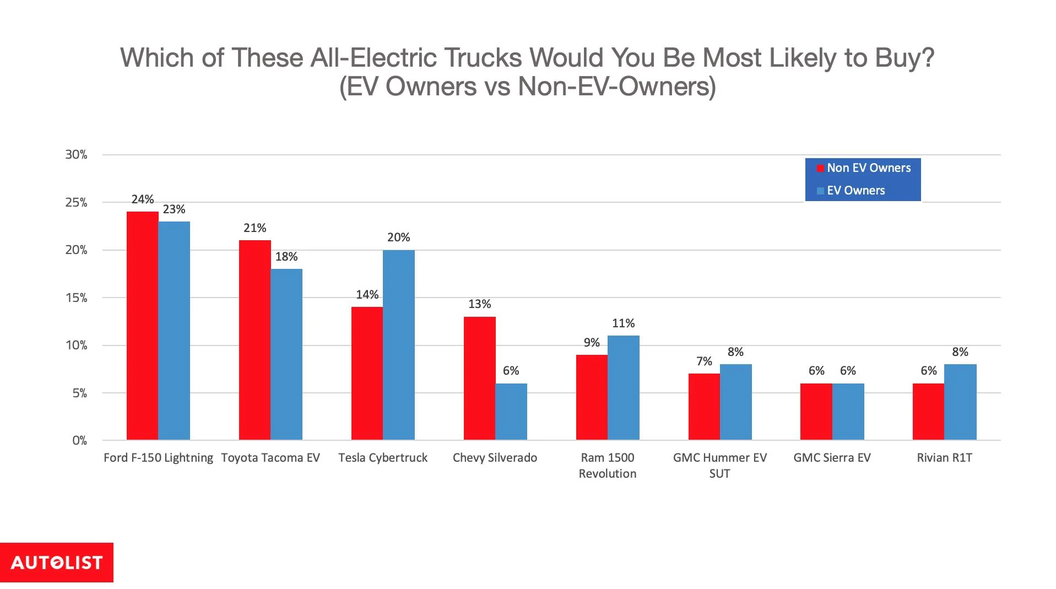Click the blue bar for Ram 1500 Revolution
point(623,387)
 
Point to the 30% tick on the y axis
point(76,155)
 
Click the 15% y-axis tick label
point(76,298)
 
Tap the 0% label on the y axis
point(79,441)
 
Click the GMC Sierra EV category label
point(832,458)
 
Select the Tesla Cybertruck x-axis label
point(383,458)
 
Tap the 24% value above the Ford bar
point(143,199)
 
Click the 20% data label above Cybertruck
point(398,237)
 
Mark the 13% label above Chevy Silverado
point(479,304)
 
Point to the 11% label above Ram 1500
point(623,323)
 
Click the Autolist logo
point(57,563)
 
